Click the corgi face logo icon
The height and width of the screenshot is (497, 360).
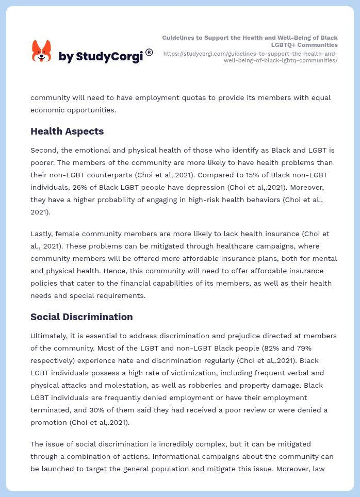41,52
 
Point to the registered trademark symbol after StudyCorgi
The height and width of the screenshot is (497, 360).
149,52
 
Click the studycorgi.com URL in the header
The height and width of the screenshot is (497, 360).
251,57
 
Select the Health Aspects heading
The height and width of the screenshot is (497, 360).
67,131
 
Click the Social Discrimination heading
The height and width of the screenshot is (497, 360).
81,317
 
